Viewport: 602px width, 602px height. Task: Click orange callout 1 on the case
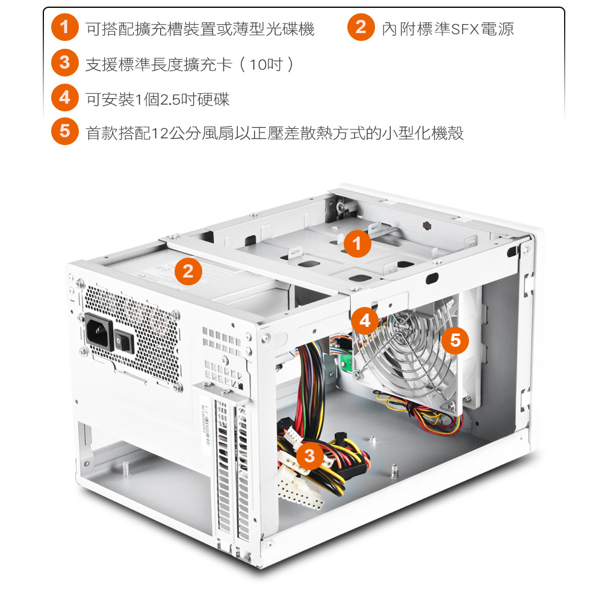(357, 244)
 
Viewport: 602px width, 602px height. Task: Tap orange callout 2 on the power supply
(188, 272)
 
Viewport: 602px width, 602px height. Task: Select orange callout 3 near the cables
(309, 456)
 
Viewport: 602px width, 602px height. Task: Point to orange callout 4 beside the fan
(365, 321)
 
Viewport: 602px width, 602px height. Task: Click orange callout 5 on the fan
(455, 341)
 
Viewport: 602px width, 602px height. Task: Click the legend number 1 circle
(65, 27)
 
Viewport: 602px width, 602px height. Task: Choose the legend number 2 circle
(361, 27)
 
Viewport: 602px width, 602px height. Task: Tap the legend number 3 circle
(65, 62)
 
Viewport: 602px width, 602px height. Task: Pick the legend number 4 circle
(65, 98)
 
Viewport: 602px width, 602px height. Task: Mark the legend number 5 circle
(65, 131)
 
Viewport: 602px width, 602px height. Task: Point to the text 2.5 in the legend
(170, 100)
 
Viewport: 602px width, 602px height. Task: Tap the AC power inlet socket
(99, 332)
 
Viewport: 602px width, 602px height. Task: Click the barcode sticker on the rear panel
(205, 424)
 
